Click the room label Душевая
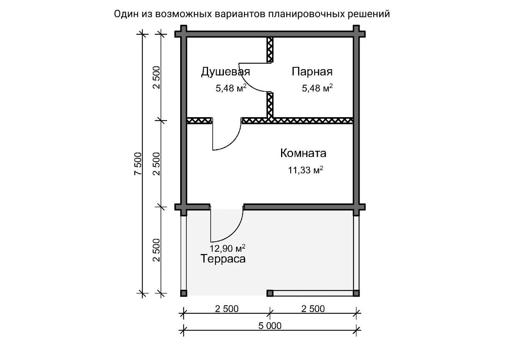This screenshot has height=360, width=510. coord(225,72)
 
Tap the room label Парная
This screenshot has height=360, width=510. coord(312,72)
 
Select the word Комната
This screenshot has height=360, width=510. coord(303,153)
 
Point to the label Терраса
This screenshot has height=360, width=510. coord(223,259)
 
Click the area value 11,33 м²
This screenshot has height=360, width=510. coord(305,170)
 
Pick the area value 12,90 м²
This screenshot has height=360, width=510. coord(227,248)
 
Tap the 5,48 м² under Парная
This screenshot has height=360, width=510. coord(317,88)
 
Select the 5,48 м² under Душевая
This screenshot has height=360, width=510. coord(231,88)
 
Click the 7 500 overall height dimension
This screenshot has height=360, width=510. coord(138,164)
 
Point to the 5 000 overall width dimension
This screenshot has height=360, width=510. coord(270,326)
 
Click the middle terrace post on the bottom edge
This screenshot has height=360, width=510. coord(270,293)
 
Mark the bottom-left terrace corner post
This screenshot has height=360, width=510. coord(184,293)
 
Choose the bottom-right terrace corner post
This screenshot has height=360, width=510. coord(356,293)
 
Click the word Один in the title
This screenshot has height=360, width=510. coord(126,14)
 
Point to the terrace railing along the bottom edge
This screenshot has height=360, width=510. coord(313,293)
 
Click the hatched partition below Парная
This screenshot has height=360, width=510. coord(313,121)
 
